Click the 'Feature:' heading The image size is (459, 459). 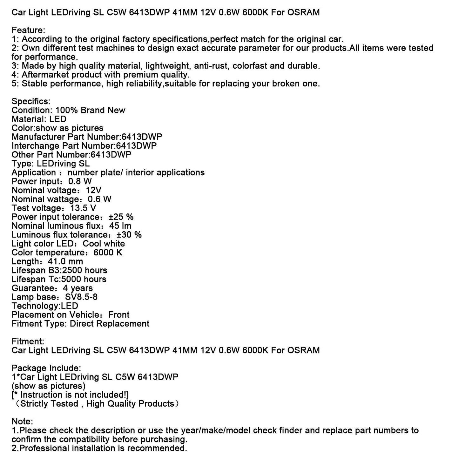28,30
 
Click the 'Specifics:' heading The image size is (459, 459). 31,102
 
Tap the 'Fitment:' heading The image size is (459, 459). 28,342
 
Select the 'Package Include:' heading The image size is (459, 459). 46,368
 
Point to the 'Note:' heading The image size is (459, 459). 22,422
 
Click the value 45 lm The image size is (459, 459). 120,226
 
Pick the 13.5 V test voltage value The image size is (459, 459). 83,208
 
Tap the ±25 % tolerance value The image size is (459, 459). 121,217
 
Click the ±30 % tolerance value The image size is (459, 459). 129,235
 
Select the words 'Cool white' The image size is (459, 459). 104,244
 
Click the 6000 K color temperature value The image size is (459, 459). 108,253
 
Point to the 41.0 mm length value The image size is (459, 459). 65,262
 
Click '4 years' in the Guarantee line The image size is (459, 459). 78,288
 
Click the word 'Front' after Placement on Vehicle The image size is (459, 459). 119,315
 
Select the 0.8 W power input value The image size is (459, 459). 80,182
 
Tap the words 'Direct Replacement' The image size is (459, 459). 110,324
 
